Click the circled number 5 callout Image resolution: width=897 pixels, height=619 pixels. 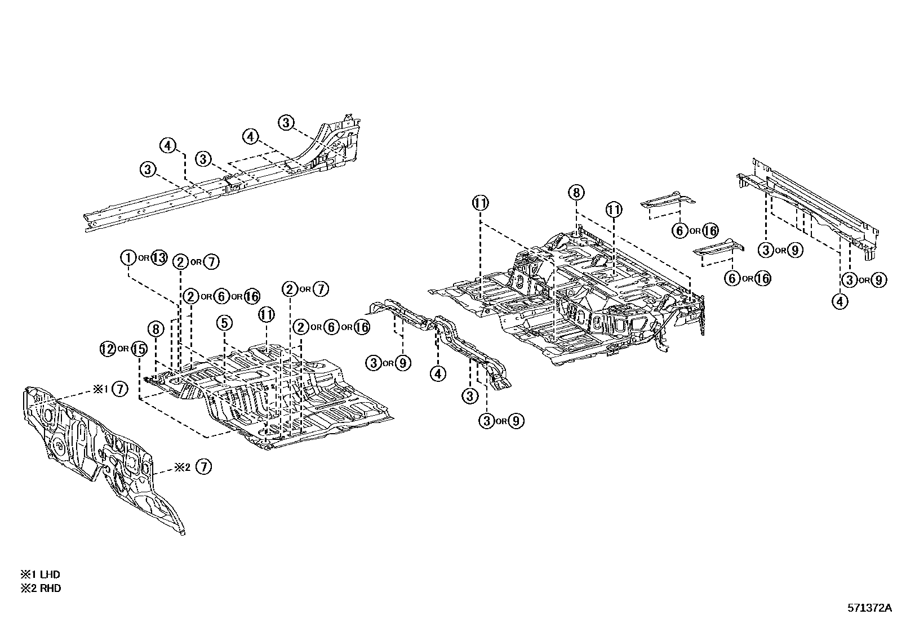click(224, 323)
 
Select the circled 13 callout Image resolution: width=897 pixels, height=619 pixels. click(159, 258)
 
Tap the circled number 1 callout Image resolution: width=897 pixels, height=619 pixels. click(128, 258)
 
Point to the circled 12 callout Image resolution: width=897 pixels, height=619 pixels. click(108, 349)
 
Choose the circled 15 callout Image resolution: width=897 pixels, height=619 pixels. click(139, 349)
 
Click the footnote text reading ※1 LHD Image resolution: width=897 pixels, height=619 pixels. click(41, 575)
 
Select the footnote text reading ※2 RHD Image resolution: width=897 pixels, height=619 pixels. click(41, 589)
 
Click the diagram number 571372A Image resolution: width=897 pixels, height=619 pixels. click(870, 608)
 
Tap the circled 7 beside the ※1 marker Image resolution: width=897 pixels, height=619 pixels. click(119, 389)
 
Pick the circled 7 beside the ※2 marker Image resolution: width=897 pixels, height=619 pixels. click(204, 467)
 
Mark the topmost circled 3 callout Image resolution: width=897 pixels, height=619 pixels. click(286, 122)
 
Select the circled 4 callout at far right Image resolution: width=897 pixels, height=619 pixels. click(840, 301)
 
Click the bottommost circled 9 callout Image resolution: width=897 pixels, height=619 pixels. click(516, 421)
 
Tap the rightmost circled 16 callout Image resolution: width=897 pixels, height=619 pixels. click(762, 278)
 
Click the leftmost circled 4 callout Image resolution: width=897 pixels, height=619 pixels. click(167, 145)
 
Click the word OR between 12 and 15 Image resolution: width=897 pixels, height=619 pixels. click(123, 349)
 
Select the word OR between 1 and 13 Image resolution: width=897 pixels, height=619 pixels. click(144, 259)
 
